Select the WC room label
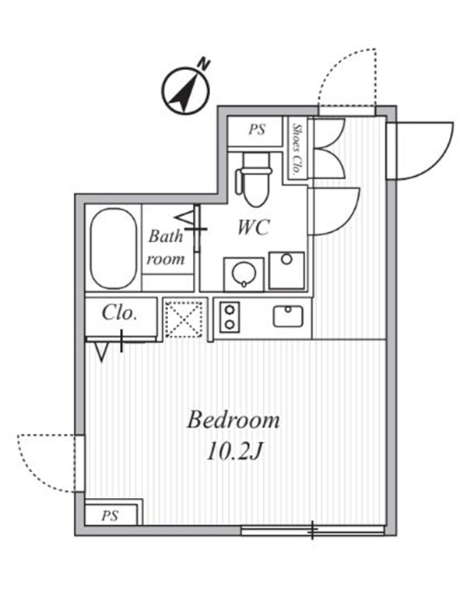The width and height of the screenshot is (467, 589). (254, 227)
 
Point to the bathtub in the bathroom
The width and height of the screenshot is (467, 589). (114, 247)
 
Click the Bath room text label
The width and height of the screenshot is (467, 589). (167, 247)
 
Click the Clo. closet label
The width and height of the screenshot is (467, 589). (120, 314)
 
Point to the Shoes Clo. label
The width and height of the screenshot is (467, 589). (297, 147)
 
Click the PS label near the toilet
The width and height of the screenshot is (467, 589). (257, 130)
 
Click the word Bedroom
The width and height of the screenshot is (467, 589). (233, 421)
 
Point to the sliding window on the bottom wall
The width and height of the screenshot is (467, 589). (313, 531)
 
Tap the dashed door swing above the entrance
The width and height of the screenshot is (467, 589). (347, 79)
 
